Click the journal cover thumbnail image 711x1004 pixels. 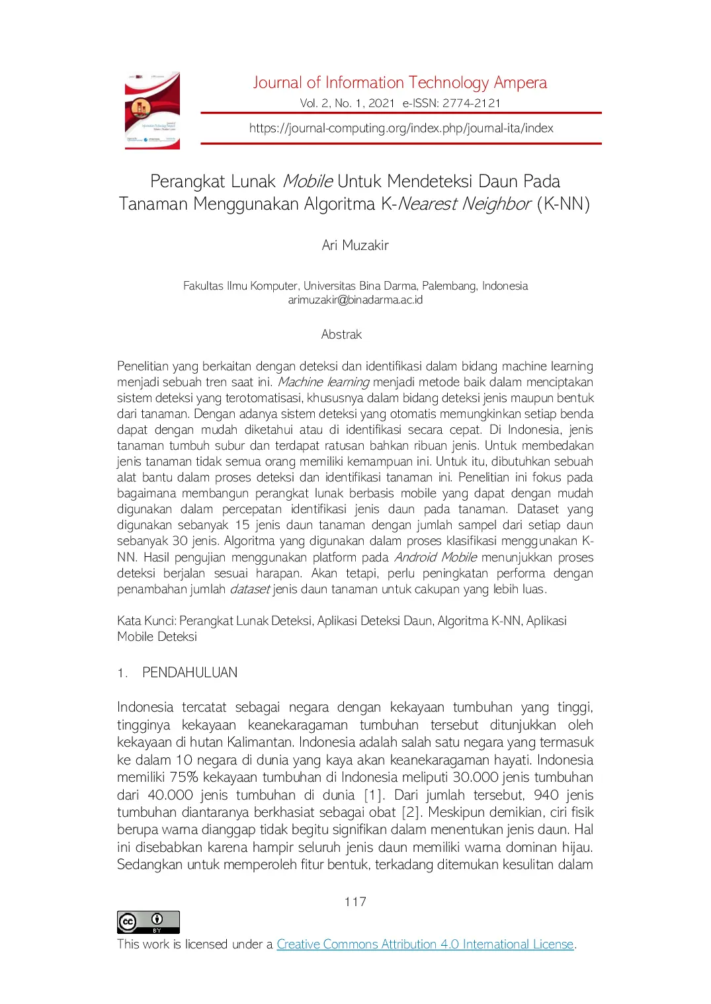click(152, 110)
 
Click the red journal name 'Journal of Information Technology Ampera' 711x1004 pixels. click(399, 83)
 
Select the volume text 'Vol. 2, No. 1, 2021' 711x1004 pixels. click(347, 103)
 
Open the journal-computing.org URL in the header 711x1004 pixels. click(401, 128)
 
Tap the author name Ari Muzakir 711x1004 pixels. click(355, 245)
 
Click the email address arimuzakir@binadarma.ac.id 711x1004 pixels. click(355, 300)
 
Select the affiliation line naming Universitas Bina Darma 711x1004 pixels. click(355, 286)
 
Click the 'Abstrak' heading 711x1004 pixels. click(341, 335)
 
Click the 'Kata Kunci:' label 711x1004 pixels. click(146, 621)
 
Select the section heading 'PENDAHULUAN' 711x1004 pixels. click(190, 673)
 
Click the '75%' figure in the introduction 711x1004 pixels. click(184, 777)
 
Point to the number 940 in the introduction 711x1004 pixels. click(546, 795)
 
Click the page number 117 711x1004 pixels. click(355, 901)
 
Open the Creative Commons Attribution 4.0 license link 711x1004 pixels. click(425, 944)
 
